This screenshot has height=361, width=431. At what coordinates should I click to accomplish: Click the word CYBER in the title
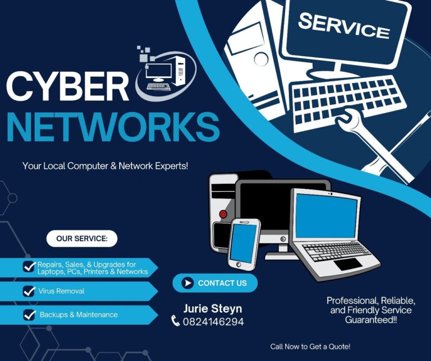68,86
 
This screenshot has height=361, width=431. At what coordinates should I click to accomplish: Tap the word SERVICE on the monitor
344,26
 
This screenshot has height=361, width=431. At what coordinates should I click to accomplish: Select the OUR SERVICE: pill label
82,238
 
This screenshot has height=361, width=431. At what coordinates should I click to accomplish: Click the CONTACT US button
215,283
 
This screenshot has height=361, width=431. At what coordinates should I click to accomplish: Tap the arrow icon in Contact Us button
188,283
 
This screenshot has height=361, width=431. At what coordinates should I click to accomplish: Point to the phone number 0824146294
213,321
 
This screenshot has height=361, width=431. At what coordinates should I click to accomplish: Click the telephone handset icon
175,321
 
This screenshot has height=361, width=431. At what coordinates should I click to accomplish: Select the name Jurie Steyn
213,308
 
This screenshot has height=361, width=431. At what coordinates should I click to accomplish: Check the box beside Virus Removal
29,291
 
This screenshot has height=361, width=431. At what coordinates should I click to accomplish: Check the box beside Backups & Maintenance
29,315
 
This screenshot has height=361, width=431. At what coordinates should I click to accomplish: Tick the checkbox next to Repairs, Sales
29,267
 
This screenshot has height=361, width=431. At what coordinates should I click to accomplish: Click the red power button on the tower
223,214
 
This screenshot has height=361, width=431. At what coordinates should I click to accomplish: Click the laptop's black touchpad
349,264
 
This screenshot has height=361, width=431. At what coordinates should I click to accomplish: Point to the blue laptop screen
326,216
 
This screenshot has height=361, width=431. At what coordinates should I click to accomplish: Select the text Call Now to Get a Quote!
310,346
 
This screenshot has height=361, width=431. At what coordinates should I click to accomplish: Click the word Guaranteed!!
371,320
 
